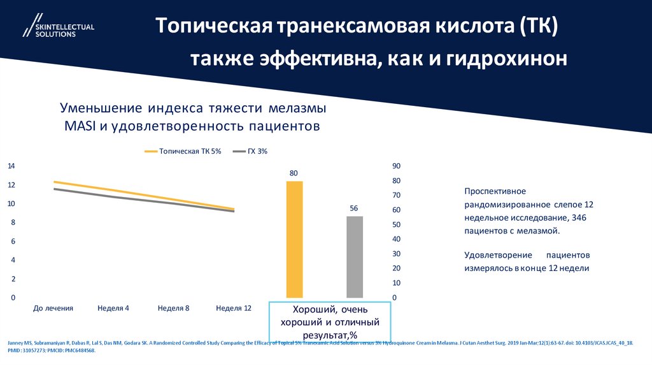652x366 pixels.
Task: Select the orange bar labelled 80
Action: click(294, 239)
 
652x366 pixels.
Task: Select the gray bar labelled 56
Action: click(355, 256)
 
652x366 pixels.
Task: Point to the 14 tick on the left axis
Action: click(11, 166)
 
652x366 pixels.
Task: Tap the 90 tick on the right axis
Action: click(395, 166)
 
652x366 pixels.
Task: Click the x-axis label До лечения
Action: click(53, 308)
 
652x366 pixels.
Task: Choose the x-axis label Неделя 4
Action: click(113, 308)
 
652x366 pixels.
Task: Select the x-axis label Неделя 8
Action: click(174, 308)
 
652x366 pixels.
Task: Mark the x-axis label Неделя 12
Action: click(234, 308)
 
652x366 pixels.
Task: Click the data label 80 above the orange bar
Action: click(294, 173)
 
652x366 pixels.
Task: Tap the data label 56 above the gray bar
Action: click(354, 209)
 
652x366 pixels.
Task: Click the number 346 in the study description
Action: click(579, 217)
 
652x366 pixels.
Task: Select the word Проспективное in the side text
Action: click(495, 191)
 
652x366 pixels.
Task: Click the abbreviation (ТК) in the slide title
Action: click(539, 26)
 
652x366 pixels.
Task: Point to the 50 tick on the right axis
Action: click(395, 224)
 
